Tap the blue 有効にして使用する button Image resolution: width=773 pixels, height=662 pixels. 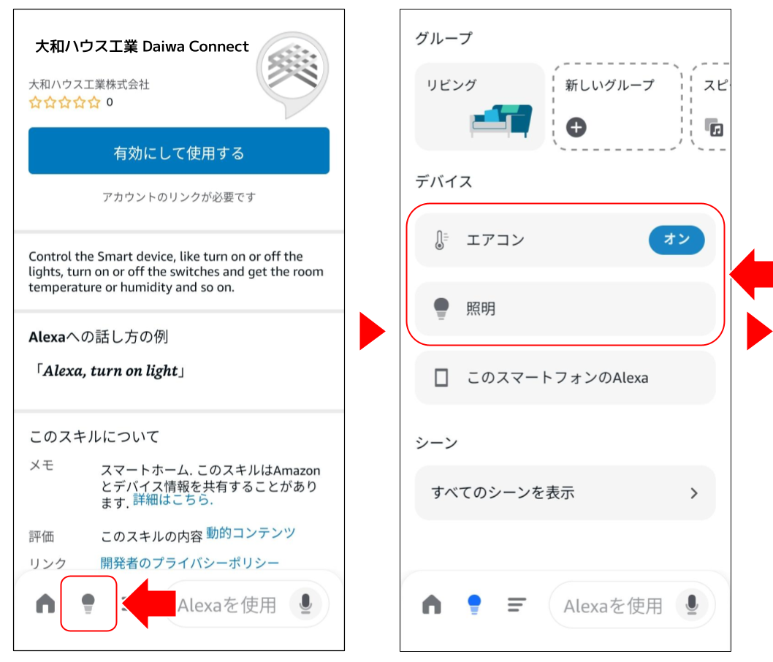click(x=179, y=151)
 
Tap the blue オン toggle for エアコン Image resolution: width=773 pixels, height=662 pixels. click(x=677, y=240)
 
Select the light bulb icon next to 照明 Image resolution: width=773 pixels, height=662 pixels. click(x=441, y=309)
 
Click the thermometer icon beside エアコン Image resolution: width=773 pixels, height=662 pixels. click(x=441, y=240)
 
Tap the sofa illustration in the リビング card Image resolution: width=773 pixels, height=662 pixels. click(x=501, y=120)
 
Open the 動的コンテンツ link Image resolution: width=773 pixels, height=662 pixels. click(x=251, y=533)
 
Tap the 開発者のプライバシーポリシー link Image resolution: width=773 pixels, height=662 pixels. click(x=190, y=563)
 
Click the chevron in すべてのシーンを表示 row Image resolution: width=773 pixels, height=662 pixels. click(x=694, y=493)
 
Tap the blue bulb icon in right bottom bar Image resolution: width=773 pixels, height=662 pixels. click(x=474, y=604)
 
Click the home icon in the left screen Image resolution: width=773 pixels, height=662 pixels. click(x=45, y=604)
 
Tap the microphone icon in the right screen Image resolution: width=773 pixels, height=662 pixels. click(x=692, y=604)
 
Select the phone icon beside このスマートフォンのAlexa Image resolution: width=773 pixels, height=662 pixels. click(x=441, y=378)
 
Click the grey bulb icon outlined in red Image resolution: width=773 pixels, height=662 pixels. click(x=88, y=604)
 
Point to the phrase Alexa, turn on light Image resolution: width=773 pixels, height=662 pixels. click(x=110, y=370)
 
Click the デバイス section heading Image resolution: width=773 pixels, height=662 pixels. click(x=443, y=181)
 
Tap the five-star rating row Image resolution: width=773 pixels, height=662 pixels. click(x=64, y=102)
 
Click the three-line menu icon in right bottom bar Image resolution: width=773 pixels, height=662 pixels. click(x=517, y=604)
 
